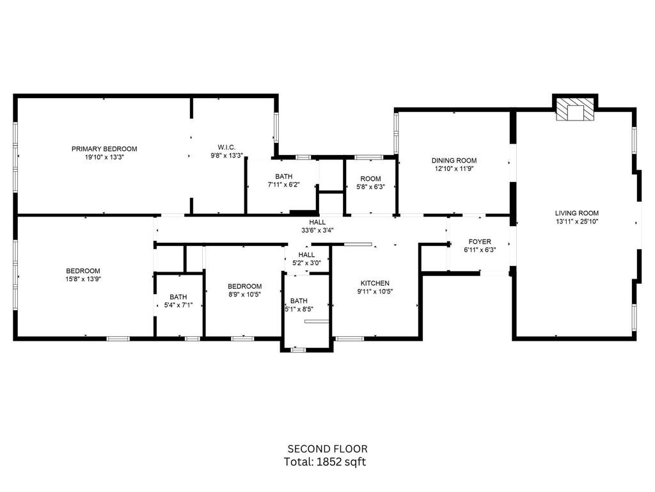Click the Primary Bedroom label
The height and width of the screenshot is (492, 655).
pyautogui.click(x=104, y=149)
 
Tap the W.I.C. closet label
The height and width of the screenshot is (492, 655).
pyautogui.click(x=226, y=147)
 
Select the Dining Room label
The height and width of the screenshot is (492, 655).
pyautogui.click(x=454, y=161)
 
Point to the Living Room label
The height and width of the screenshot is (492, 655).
pyautogui.click(x=576, y=213)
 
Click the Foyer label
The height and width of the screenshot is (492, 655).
pyautogui.click(x=480, y=242)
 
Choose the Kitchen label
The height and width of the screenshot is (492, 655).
pyautogui.click(x=375, y=283)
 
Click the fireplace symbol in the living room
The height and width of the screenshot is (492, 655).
pyautogui.click(x=575, y=109)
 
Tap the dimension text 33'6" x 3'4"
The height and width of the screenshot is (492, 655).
pyautogui.click(x=317, y=230)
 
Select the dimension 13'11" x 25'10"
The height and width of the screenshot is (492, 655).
pyautogui.click(x=576, y=221)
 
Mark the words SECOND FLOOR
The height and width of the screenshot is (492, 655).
pyautogui.click(x=327, y=449)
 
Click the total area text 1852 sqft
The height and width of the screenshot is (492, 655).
pyautogui.click(x=342, y=462)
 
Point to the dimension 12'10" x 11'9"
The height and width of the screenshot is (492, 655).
pyautogui.click(x=454, y=169)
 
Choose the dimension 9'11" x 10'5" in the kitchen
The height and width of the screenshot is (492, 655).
pyautogui.click(x=375, y=291)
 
